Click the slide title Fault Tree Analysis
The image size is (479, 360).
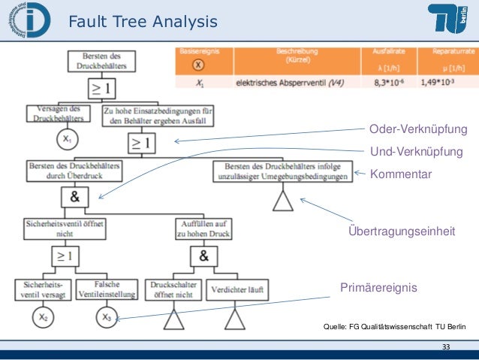click(x=143, y=23)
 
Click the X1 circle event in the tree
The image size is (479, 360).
click(x=67, y=140)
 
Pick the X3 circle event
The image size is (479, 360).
click(x=106, y=318)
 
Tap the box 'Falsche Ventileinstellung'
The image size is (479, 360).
click(x=104, y=288)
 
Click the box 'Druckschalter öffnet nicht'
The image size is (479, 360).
click(x=173, y=289)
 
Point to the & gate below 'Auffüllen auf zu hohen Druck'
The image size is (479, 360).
click(x=203, y=256)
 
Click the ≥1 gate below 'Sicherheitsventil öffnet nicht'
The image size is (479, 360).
click(x=64, y=256)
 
